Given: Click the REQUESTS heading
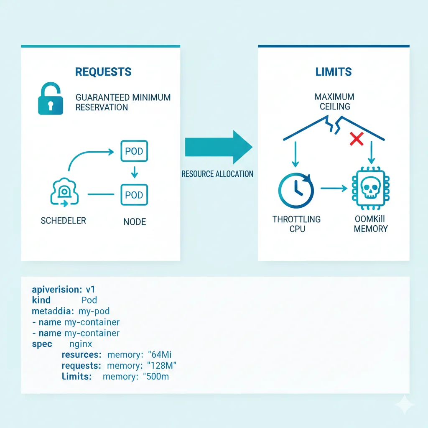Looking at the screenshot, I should tap(103, 72).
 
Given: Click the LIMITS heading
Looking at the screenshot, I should tap(334, 72).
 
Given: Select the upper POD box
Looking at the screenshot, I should tap(134, 152).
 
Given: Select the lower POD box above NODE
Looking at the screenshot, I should tap(134, 195).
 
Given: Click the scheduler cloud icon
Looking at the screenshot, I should tap(64, 193).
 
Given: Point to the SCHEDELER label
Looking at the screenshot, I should tap(63, 221).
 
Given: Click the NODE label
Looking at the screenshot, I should tap(135, 222).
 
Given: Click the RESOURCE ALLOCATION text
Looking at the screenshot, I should tap(217, 174).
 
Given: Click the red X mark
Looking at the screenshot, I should tap(356, 139).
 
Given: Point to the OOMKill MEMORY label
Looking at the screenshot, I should tap(370, 224).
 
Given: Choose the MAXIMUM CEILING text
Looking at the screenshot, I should tap(334, 102).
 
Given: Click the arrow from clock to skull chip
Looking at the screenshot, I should tap(333, 189).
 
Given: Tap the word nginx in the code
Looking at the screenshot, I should tap(80, 344).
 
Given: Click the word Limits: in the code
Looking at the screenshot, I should tap(76, 377).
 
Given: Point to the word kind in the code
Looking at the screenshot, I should tap(41, 300).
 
